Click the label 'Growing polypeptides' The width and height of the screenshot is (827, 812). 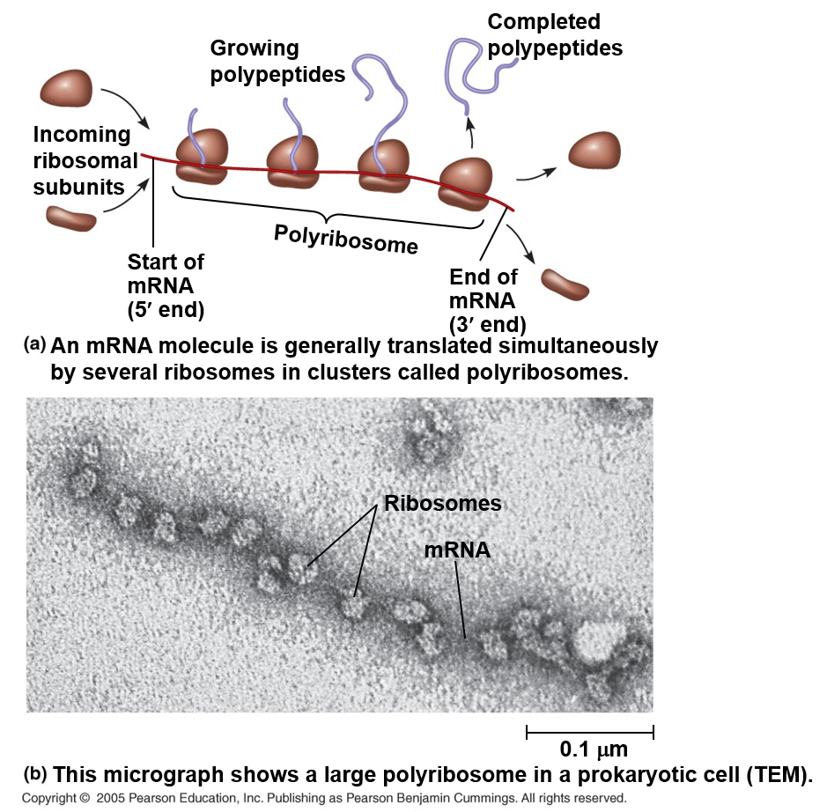coord(277,61)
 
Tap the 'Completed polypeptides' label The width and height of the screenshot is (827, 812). coord(554,34)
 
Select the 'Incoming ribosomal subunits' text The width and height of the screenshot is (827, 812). coord(85,160)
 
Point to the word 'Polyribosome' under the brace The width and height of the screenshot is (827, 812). coord(345,238)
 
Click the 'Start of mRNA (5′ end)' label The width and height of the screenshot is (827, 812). coord(166,285)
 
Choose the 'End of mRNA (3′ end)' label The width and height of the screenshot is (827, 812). coord(486,299)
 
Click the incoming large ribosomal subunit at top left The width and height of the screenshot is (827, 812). coord(67,89)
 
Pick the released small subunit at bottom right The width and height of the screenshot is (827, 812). coord(565,283)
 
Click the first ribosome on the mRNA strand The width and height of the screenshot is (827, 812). coord(202,159)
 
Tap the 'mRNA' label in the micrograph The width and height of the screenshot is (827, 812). coord(457,550)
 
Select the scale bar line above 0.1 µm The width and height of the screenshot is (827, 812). coord(589,730)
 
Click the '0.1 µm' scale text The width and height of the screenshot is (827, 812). coord(594,750)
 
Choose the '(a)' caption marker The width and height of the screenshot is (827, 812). coord(34,344)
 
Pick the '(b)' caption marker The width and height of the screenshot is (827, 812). coord(34,775)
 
